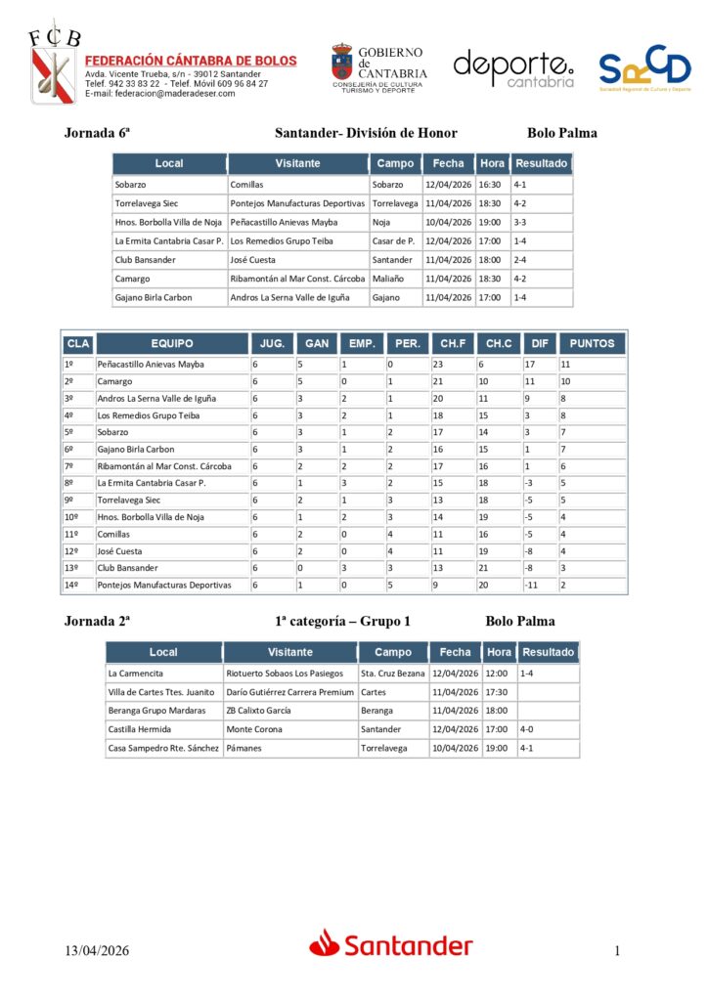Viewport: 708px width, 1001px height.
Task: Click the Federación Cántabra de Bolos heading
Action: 191,61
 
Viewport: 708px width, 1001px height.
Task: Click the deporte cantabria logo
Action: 513,68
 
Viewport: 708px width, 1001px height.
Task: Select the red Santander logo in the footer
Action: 391,944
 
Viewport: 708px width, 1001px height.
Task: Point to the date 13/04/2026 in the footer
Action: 98,951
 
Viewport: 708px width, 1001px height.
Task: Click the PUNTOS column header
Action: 592,344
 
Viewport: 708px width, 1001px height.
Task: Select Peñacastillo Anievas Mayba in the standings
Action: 151,365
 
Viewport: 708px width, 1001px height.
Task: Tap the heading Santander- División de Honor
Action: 366,134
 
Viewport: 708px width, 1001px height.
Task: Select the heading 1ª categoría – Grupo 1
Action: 343,621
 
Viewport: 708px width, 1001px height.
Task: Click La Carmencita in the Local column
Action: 136,674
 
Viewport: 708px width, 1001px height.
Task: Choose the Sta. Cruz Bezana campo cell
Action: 392,674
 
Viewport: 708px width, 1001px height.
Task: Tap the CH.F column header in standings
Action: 452,344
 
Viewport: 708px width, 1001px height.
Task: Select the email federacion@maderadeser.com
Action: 160,94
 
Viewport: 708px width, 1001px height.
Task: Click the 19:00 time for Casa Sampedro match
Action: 497,748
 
